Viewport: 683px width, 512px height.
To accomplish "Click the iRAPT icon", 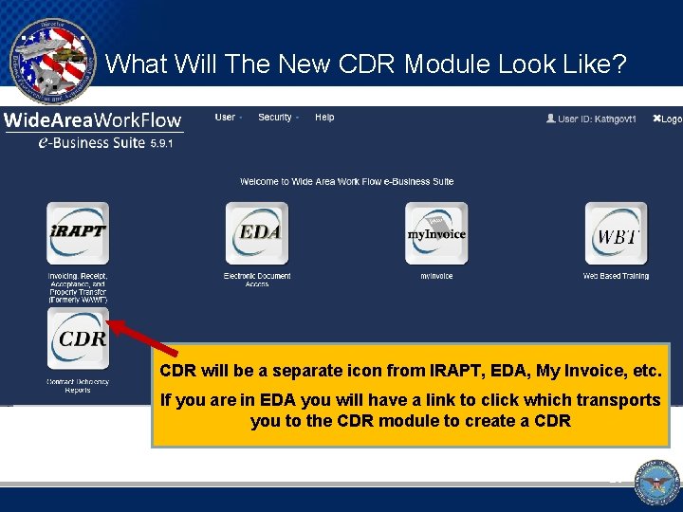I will (x=78, y=233).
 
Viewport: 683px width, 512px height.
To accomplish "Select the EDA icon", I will (x=257, y=233).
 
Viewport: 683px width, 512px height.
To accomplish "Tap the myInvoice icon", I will (x=436, y=233).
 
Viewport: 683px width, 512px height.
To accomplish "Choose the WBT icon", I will (x=616, y=233).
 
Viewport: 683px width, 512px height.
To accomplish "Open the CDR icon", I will (x=79, y=338).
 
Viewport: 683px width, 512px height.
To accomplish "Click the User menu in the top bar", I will (x=227, y=118).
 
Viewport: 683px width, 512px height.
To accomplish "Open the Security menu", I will (x=276, y=118).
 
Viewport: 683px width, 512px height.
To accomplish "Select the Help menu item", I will (x=324, y=118).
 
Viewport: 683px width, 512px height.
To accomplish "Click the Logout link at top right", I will (x=667, y=119).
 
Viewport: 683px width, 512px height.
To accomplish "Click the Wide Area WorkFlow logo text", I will (x=92, y=120).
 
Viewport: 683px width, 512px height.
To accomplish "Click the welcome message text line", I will (x=346, y=181).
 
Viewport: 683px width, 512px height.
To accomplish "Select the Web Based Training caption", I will (x=616, y=276).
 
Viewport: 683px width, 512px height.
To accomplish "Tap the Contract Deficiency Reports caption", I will (x=79, y=386).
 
